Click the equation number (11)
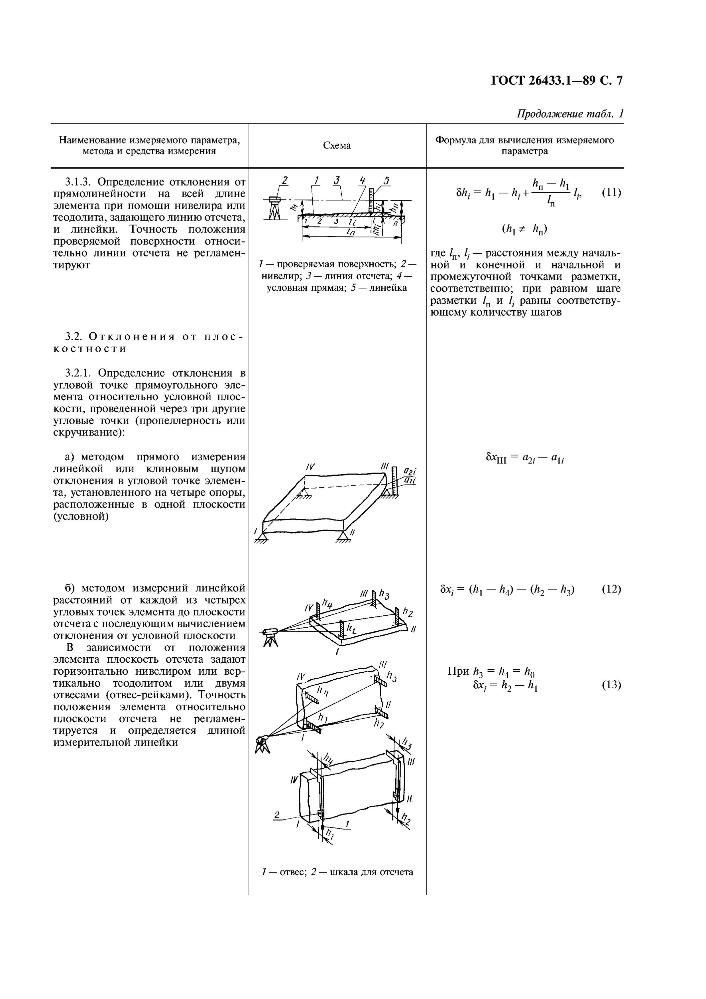coord(611,192)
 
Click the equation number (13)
coord(611,685)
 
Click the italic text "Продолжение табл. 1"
coord(570,114)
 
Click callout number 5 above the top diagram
coord(387,180)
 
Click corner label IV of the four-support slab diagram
coord(310,467)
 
